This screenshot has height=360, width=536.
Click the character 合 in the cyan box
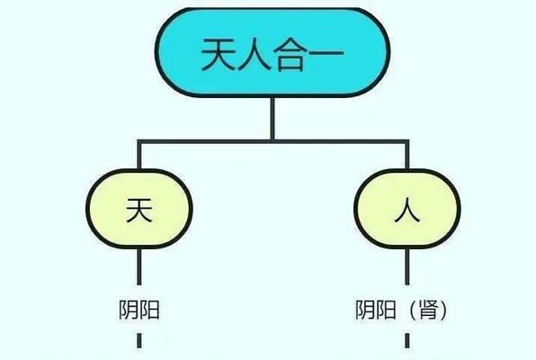[x=290, y=54]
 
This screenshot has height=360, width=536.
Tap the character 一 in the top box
[x=326, y=54]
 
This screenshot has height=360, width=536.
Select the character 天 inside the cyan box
[x=219, y=54]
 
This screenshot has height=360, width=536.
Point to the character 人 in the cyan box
[x=255, y=54]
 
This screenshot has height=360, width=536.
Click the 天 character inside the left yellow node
[x=139, y=210]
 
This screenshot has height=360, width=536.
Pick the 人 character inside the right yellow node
[x=407, y=210]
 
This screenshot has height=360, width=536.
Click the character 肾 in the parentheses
[x=428, y=310]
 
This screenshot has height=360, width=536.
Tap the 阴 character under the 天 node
[x=129, y=310]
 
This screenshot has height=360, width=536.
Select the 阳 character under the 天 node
[x=149, y=310]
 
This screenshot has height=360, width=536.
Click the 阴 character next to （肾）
[x=365, y=310]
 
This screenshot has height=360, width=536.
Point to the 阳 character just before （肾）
[x=386, y=310]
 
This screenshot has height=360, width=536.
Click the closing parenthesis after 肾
[x=443, y=310]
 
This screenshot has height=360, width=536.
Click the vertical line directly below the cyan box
[x=272, y=119]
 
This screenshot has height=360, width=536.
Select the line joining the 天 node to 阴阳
[x=139, y=266]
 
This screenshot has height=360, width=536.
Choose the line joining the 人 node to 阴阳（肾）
[x=407, y=266]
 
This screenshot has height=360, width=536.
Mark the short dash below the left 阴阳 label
[x=139, y=340]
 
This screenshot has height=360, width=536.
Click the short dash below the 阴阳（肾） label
[x=407, y=340]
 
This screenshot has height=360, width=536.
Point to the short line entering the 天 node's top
[x=139, y=155]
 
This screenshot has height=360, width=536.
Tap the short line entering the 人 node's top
[x=407, y=155]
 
